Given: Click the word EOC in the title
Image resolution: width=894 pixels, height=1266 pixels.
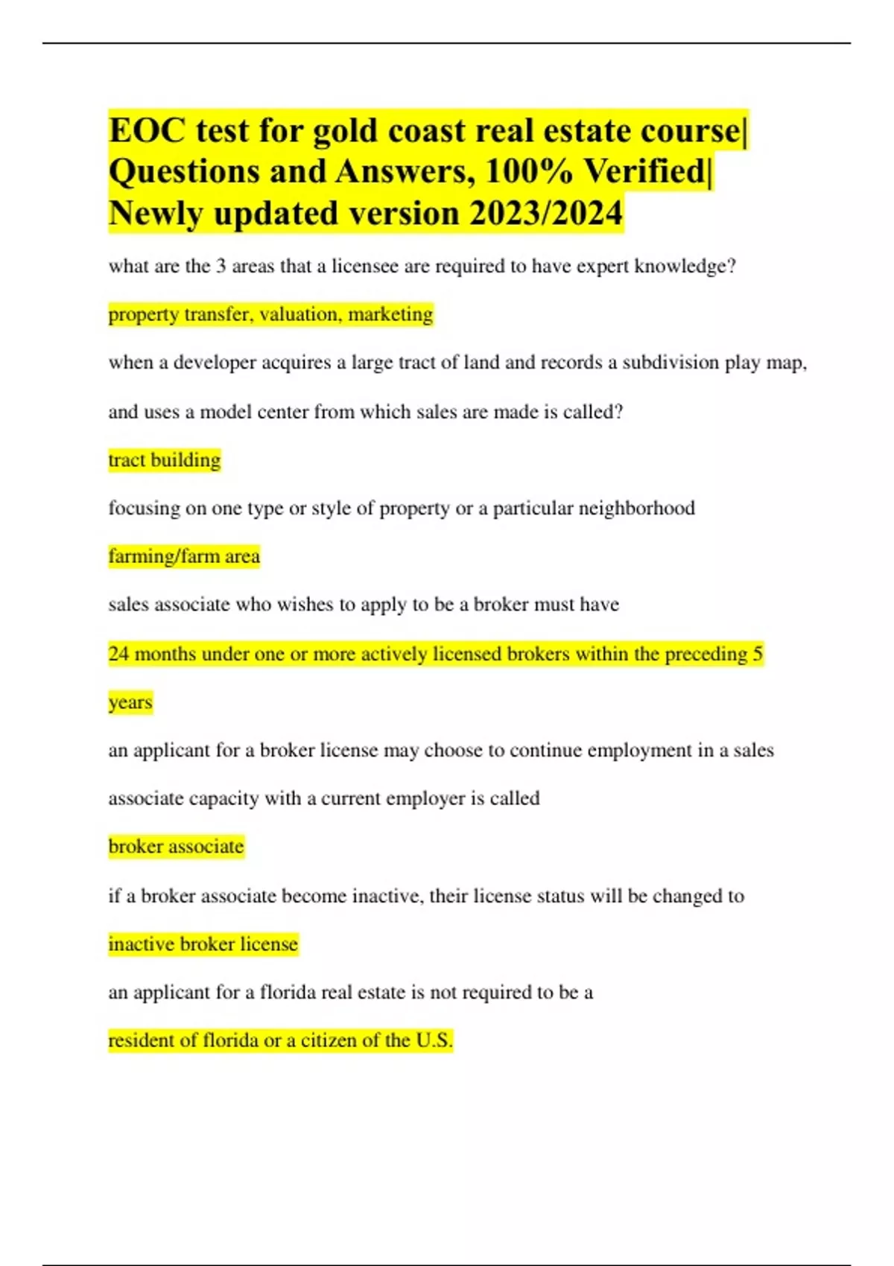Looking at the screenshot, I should click(x=147, y=131).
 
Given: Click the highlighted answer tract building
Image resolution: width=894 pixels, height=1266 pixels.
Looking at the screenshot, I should click(x=165, y=460).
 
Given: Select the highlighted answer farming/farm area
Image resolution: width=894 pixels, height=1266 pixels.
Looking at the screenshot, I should click(x=184, y=556).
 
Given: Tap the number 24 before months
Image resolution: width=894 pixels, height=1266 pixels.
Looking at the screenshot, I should click(x=118, y=654).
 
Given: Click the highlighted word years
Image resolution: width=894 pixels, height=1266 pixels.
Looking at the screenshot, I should click(x=130, y=702).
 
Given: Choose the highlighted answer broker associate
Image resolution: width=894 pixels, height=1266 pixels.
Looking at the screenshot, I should click(x=177, y=847).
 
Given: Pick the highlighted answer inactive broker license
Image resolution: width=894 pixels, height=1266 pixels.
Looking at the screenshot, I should click(x=203, y=944).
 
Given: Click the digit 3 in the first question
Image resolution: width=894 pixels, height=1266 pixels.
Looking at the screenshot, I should click(x=221, y=267).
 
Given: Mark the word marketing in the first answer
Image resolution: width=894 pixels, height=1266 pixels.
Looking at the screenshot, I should click(x=390, y=314).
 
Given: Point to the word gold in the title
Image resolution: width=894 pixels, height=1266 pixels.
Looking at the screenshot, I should click(x=344, y=131).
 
